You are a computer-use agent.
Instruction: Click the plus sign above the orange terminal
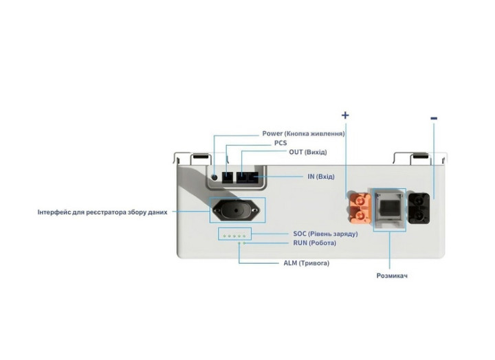point(345,115)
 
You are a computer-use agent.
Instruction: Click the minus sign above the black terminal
point(434,119)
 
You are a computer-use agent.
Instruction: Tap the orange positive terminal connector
point(358,207)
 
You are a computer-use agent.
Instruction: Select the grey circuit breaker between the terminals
point(389,208)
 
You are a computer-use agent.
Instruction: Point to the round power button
point(214,177)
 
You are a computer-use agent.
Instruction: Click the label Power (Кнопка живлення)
point(303,133)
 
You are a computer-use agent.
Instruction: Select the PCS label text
point(280,143)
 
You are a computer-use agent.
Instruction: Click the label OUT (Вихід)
point(308,152)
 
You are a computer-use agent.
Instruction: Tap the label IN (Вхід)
point(320,177)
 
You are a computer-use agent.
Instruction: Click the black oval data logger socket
point(236,210)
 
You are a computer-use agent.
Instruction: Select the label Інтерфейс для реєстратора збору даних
point(102,212)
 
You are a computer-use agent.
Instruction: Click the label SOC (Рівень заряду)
point(325,234)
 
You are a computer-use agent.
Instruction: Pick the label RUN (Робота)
point(315,243)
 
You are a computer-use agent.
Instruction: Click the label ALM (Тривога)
point(306,262)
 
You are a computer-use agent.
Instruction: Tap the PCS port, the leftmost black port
point(228,177)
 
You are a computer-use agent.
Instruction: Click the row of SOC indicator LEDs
point(233,235)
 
